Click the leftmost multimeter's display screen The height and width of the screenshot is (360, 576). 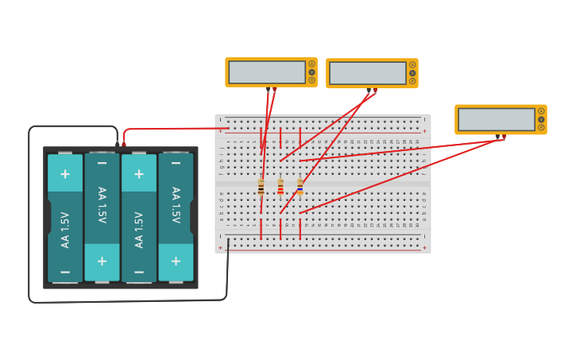point(267,72)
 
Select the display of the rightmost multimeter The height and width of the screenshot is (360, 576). point(497,119)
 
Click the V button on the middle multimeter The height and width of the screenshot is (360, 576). point(412,73)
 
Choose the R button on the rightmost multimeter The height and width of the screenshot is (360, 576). point(541,127)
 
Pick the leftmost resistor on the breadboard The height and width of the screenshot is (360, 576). point(261,188)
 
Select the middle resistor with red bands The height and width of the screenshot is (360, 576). point(280,188)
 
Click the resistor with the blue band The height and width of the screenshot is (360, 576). point(300,188)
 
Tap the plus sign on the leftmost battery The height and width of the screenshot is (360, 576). point(65,173)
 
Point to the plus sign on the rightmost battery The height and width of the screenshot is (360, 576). point(176,261)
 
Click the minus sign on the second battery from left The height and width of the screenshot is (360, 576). point(102,163)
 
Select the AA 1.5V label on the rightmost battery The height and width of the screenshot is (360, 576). point(176,205)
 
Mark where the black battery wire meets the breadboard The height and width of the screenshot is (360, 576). point(228,240)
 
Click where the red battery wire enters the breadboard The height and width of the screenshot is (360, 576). point(228,128)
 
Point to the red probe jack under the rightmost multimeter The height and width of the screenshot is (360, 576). point(504,137)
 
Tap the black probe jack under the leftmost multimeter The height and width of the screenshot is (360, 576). point(269,90)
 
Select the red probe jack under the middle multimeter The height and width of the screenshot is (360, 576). point(375,91)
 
